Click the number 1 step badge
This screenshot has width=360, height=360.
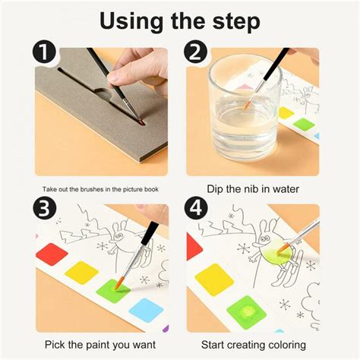click(x=44, y=52)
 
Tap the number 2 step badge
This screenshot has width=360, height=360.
click(x=195, y=52)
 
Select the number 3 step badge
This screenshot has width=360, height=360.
click(x=44, y=208)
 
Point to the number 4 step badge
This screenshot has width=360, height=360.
click(x=195, y=208)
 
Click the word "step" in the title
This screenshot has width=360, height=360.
click(x=236, y=21)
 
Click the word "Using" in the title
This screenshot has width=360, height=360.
click(x=131, y=22)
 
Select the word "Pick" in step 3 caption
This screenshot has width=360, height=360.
click(x=55, y=345)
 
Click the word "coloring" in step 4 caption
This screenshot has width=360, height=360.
click(x=287, y=346)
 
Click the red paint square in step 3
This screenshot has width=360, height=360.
click(x=52, y=254)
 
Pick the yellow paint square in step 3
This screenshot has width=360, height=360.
click(x=81, y=273)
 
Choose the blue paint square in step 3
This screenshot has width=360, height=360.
click(x=147, y=310)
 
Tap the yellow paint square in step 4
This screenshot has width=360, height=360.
click(x=214, y=279)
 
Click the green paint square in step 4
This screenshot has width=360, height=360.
click(x=246, y=312)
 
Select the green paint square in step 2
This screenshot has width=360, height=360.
click(x=304, y=125)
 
